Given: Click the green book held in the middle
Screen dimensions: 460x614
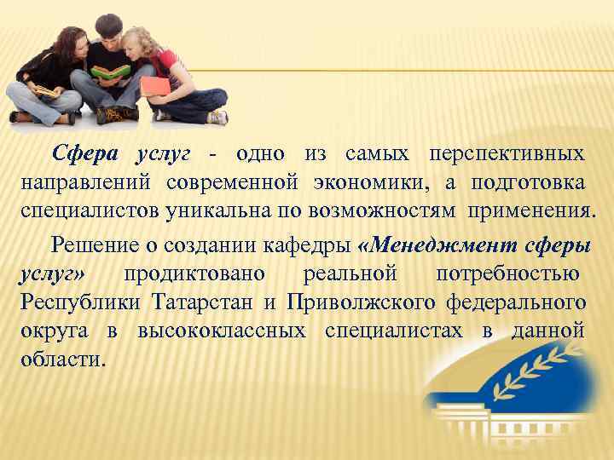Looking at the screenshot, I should [x=112, y=72].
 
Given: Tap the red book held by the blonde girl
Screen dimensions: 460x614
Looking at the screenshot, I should [x=153, y=85].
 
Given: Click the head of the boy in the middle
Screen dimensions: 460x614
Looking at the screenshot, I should [x=110, y=29].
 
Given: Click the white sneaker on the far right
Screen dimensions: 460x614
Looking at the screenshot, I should [x=218, y=118].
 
